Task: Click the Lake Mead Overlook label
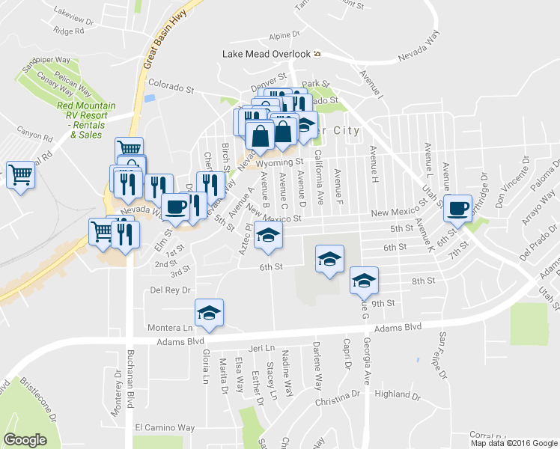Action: (x=266, y=54)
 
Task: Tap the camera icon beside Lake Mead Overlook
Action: (x=317, y=54)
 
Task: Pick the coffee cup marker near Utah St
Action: (x=457, y=209)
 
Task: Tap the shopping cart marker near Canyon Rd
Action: (x=20, y=176)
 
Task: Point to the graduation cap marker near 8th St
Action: (x=364, y=281)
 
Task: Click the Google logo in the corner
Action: (x=25, y=439)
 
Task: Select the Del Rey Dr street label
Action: (x=171, y=290)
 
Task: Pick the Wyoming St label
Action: (x=279, y=162)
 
